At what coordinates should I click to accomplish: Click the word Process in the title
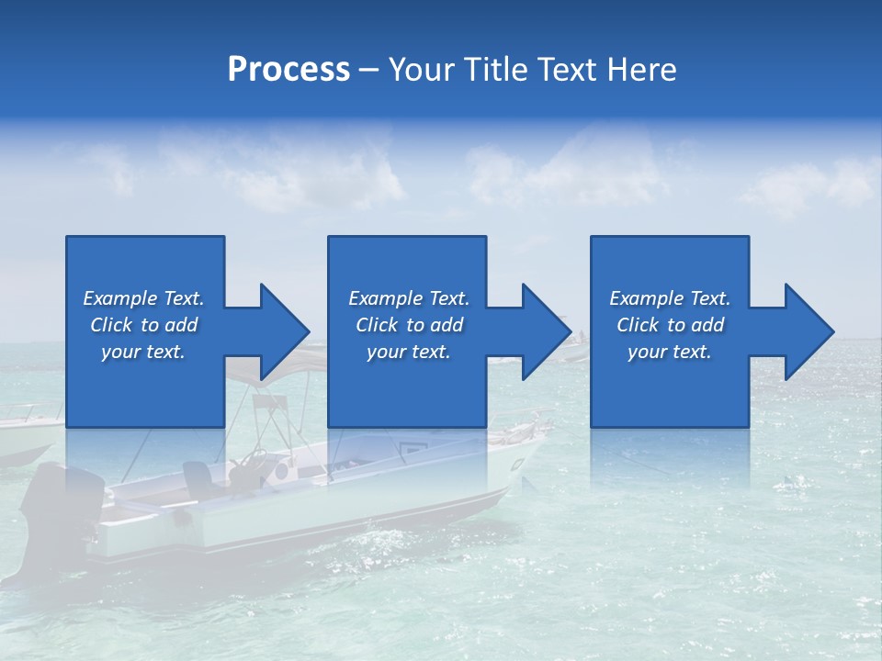[288, 70]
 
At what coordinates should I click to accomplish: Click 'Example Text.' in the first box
[143, 298]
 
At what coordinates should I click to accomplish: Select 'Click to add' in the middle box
[409, 325]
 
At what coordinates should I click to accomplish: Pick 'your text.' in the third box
[669, 352]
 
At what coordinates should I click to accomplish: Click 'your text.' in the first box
[143, 352]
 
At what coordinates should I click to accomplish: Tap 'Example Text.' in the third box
[669, 298]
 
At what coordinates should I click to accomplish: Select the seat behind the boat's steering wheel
[198, 477]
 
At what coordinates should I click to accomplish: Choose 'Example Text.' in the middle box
[409, 298]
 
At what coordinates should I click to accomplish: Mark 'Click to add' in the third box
[669, 325]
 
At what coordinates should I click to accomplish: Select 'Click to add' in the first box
[143, 325]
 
